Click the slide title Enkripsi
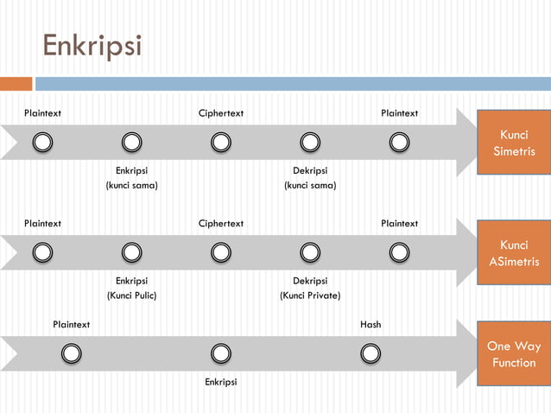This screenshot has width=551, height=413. (x=92, y=45)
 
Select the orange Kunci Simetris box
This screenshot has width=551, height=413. (x=514, y=143)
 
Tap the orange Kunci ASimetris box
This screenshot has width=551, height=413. (x=514, y=253)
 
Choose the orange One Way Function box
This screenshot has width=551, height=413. (x=514, y=354)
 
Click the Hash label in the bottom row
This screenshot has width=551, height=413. (x=370, y=325)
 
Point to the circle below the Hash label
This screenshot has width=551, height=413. (x=370, y=353)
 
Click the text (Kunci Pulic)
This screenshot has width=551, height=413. (x=131, y=295)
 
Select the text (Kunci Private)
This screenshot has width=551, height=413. (x=310, y=295)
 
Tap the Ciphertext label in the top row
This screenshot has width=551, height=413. (x=221, y=113)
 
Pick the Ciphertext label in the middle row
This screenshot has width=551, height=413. (x=221, y=224)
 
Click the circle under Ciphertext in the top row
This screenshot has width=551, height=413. (x=221, y=142)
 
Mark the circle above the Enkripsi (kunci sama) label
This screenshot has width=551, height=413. (x=131, y=142)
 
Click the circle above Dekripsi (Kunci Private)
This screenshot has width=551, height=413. (x=310, y=252)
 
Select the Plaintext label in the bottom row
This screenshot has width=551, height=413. (x=72, y=325)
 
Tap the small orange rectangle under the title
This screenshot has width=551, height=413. (x=16, y=84)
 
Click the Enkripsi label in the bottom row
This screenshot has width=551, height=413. (x=221, y=382)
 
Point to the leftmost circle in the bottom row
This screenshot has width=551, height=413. (x=72, y=353)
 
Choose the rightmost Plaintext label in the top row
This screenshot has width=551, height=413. (x=400, y=113)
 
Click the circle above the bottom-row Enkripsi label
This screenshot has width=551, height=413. (x=221, y=353)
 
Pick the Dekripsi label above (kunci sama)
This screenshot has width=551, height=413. (x=310, y=170)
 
